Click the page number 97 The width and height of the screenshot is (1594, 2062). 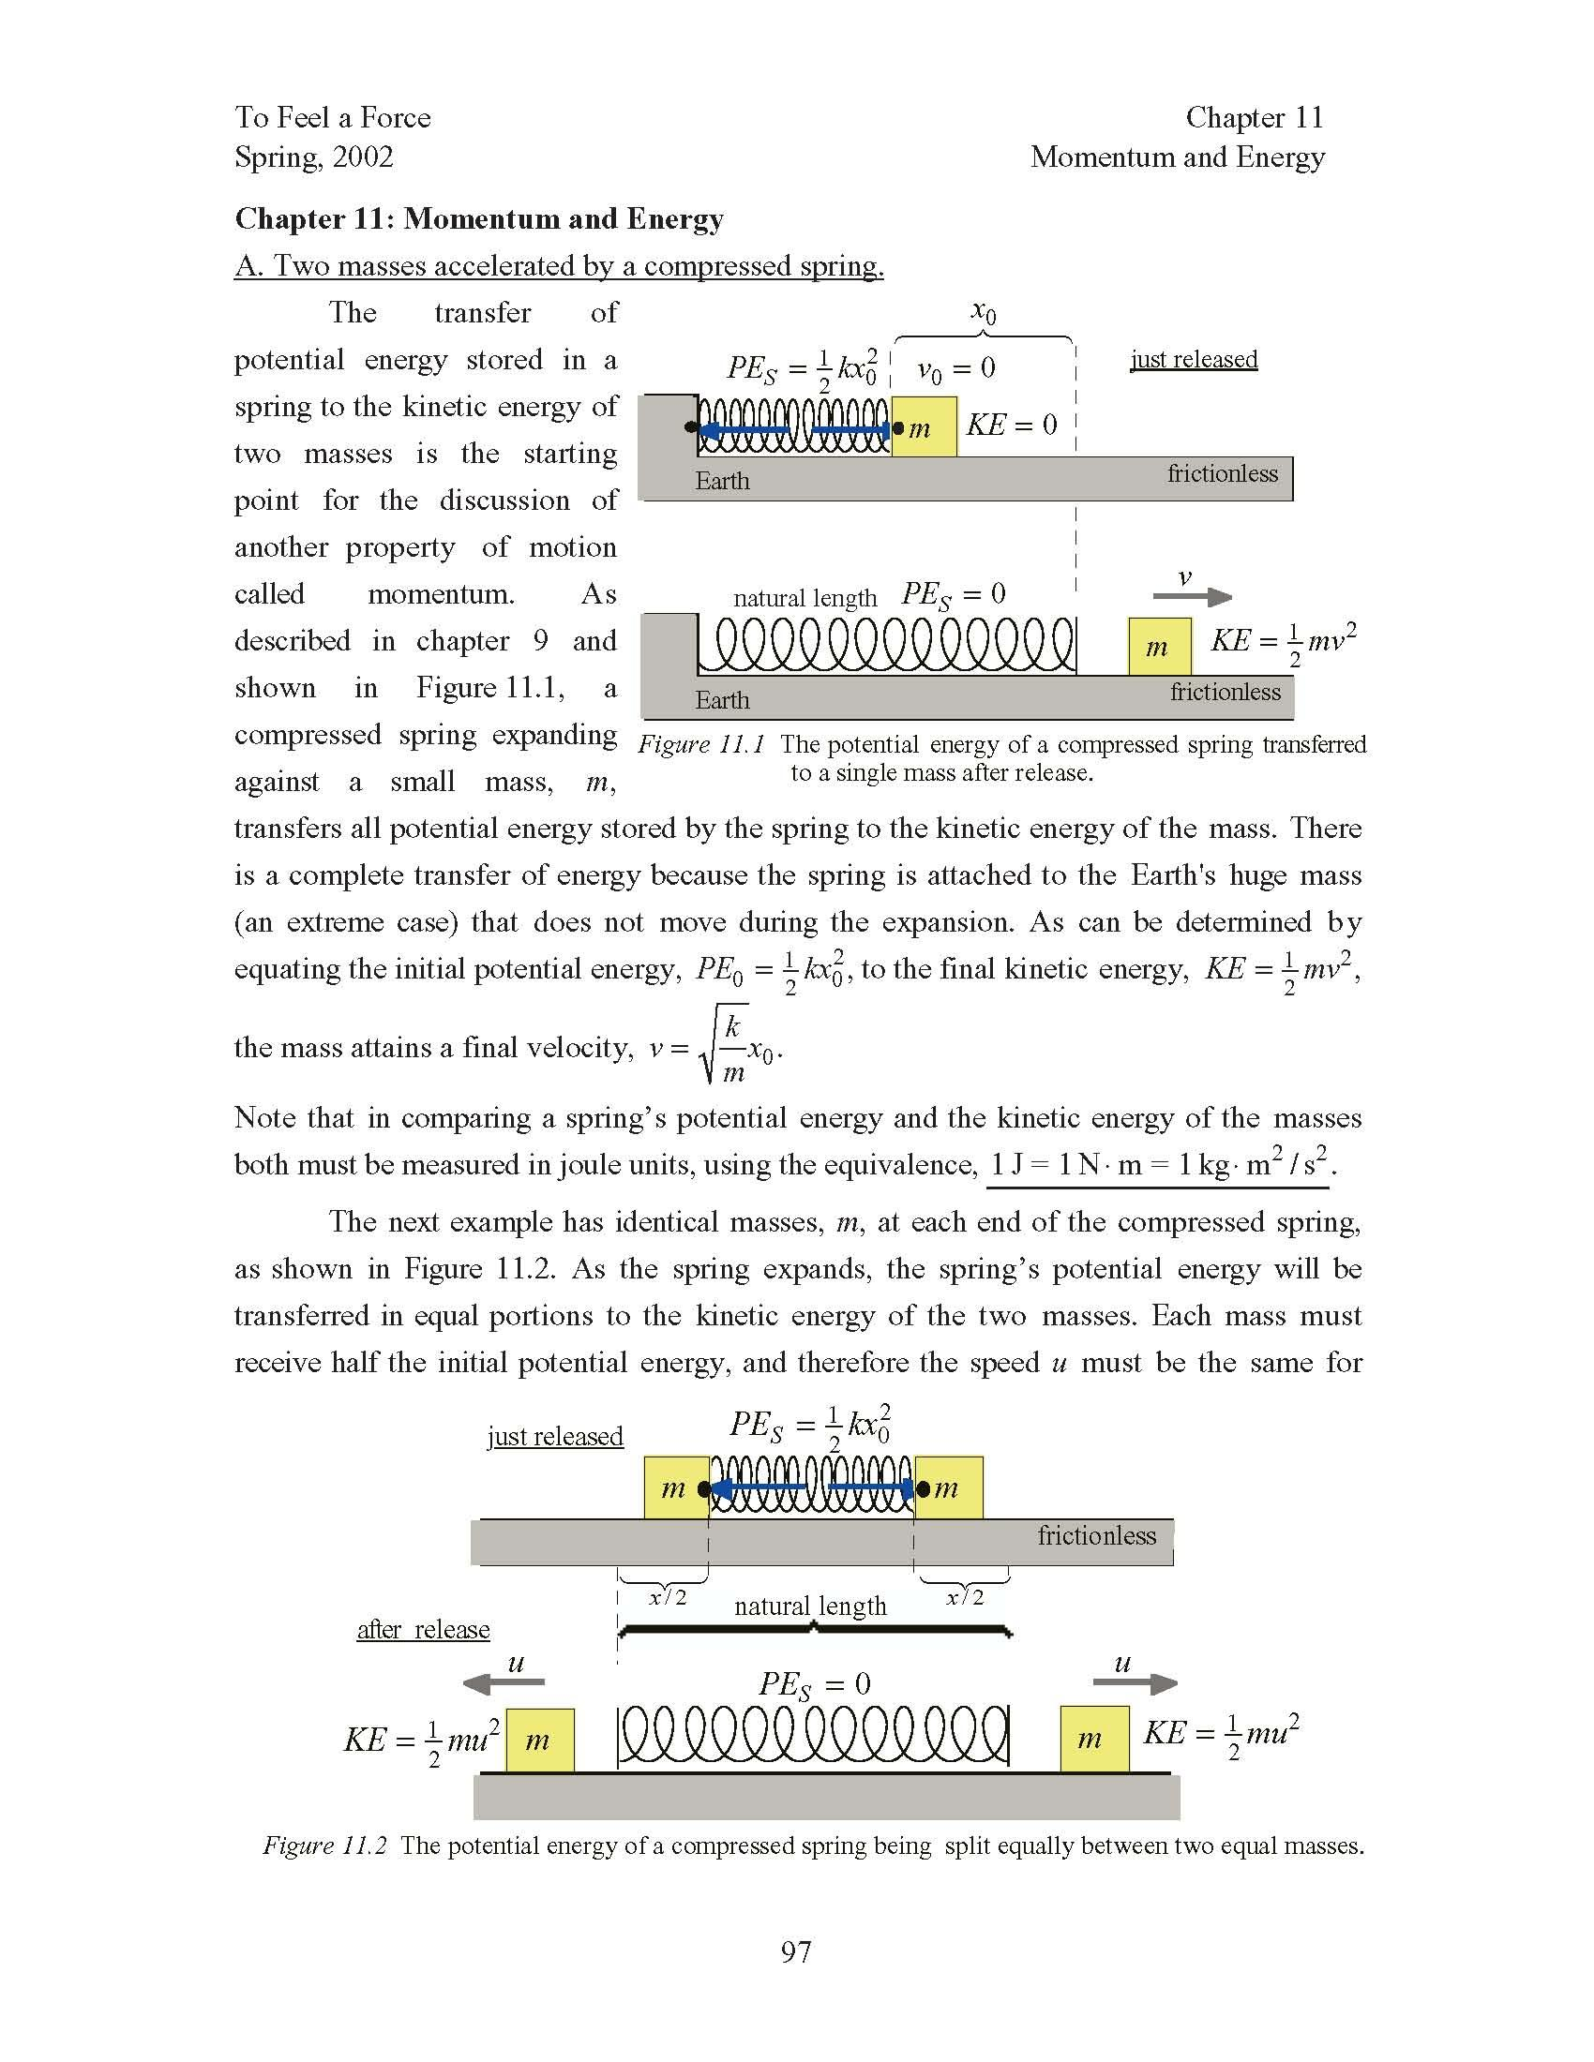pos(795,1951)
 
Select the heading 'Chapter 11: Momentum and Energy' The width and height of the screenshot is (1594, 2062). pos(479,219)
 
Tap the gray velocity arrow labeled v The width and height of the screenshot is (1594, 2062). pos(1192,597)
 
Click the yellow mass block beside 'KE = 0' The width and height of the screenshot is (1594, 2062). pos(924,427)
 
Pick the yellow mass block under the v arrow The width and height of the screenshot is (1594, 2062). pos(1159,647)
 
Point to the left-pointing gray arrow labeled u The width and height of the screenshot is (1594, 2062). pos(504,1682)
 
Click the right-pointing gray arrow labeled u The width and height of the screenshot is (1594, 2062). pos(1135,1682)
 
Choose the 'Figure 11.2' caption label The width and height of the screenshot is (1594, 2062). pos(324,1845)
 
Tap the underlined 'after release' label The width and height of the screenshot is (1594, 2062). pos(423,1630)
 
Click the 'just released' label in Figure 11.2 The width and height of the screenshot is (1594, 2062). pos(554,1436)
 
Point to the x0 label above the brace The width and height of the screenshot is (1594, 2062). pos(983,312)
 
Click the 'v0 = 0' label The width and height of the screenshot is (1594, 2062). pos(955,369)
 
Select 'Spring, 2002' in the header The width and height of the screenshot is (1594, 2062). pos(313,157)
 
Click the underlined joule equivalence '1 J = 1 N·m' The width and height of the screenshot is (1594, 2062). pos(1158,1165)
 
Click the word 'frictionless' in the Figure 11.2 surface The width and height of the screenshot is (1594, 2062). pos(1096,1536)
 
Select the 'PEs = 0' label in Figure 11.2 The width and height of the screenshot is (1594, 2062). pos(814,1683)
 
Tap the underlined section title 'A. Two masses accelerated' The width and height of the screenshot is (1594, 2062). pos(558,266)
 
